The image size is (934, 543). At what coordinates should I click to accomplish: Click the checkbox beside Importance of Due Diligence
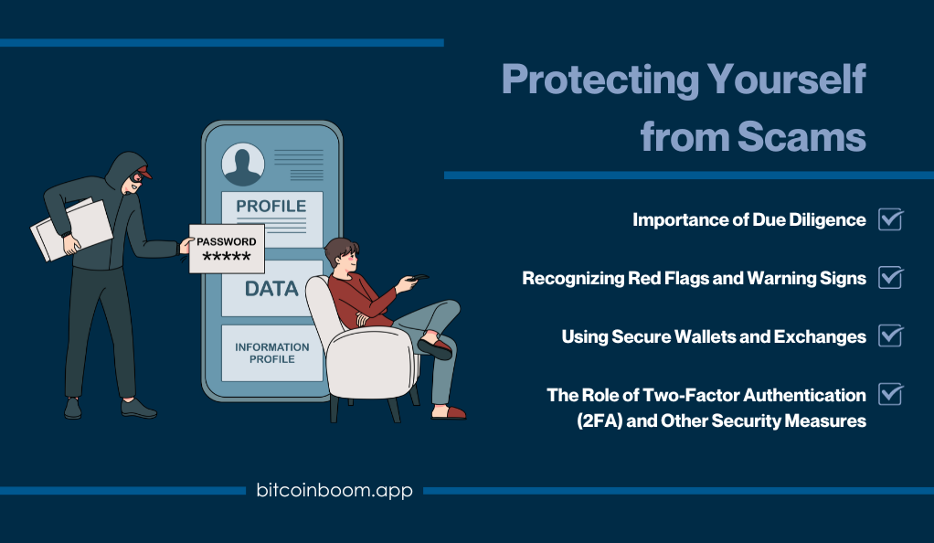[890, 219]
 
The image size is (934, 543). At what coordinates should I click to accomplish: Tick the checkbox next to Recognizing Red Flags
[890, 278]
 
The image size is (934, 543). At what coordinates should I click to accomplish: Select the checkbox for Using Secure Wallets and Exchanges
[890, 335]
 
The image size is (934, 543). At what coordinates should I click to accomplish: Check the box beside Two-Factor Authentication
[890, 394]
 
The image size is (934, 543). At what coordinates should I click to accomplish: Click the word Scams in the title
[801, 137]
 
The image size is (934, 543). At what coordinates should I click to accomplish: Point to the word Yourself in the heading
[786, 80]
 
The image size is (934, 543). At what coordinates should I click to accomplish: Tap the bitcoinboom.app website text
[334, 490]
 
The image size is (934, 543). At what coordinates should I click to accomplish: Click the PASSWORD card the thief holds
[227, 249]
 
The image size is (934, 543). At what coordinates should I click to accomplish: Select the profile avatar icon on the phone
[243, 164]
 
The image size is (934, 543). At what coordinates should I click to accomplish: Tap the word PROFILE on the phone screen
[271, 207]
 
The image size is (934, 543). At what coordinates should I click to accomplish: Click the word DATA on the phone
[271, 289]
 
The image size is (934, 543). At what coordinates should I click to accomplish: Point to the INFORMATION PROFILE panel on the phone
[272, 353]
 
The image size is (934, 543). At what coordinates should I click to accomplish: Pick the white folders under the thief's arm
[71, 229]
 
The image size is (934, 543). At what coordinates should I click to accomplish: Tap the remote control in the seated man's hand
[418, 278]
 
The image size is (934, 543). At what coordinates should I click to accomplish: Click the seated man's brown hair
[341, 250]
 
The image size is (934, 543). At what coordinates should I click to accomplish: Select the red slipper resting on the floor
[448, 412]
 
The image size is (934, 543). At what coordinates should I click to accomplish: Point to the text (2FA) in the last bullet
[600, 421]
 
